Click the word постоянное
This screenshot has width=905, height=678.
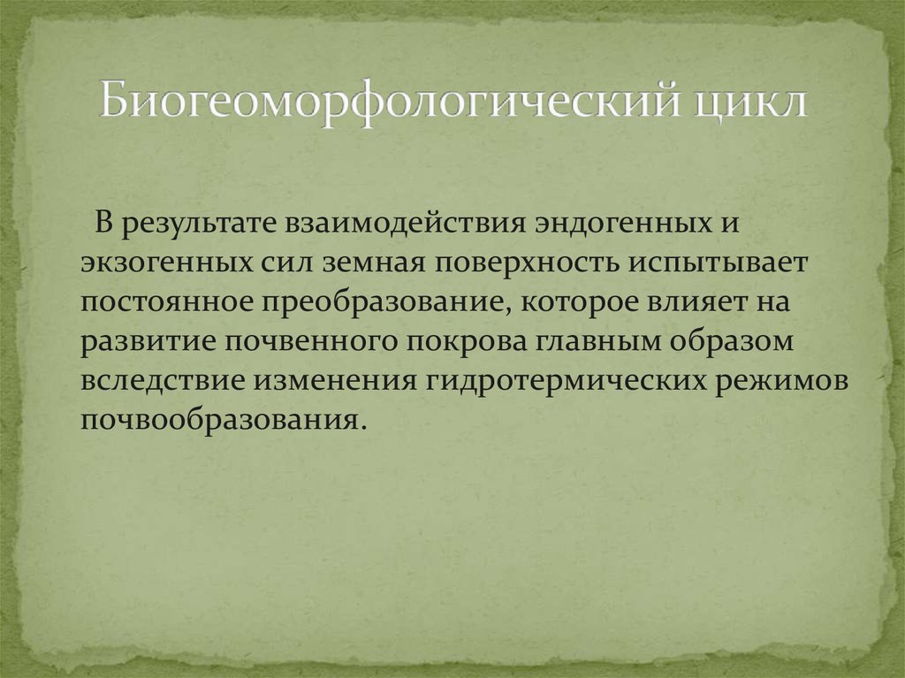coord(170,302)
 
